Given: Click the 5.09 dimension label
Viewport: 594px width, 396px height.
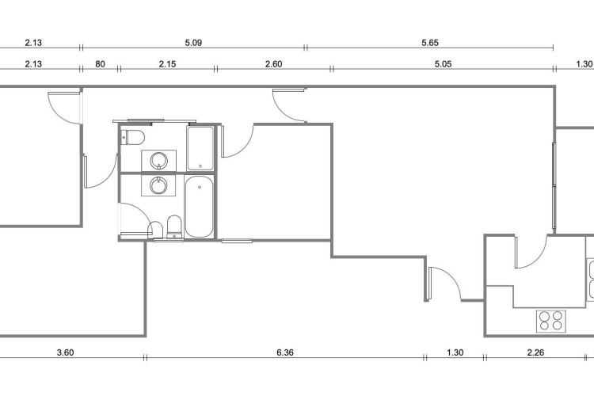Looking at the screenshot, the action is [x=193, y=43].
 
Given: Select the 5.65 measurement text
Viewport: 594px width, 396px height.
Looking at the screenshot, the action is [x=430, y=43].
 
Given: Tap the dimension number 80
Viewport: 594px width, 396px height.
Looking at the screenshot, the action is [x=100, y=63].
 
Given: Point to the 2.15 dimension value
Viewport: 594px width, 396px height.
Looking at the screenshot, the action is [x=167, y=63].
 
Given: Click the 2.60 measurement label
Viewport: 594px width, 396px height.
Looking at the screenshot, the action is [x=273, y=63].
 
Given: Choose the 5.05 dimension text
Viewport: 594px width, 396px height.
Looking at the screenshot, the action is [x=443, y=63].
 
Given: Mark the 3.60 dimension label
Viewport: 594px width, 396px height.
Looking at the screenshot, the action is [x=65, y=352].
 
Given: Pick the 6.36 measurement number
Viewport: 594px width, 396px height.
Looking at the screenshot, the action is [x=285, y=352].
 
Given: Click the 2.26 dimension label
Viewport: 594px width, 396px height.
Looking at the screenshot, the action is [x=535, y=352].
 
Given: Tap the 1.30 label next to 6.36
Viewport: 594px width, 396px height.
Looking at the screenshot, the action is [x=455, y=352].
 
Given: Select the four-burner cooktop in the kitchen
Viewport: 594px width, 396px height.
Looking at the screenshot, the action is [x=551, y=321].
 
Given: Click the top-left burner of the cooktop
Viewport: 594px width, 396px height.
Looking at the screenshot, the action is [x=545, y=316].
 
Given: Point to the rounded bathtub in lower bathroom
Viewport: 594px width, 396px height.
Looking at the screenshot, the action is [x=200, y=207].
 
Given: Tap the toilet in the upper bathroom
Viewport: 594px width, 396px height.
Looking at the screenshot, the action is [x=132, y=137].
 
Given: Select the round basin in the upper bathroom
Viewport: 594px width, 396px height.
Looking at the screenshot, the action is [x=159, y=161].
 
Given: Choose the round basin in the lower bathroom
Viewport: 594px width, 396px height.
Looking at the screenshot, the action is [x=158, y=185].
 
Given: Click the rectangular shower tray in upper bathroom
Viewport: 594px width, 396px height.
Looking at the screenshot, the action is [x=200, y=149].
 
